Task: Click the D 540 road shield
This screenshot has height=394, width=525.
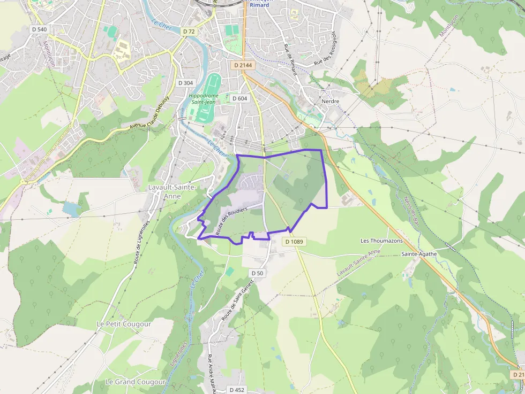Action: pos(39,29)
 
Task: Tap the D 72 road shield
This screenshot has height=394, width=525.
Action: pos(189,32)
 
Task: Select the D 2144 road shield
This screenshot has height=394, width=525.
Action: pos(243,65)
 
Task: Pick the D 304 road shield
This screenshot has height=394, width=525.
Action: pos(185,83)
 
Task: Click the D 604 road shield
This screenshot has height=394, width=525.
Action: pos(239,98)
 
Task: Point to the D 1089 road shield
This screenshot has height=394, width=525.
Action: pos(294,242)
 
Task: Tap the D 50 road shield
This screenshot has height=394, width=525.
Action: pos(257,273)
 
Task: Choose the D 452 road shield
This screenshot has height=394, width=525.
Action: pos(237,390)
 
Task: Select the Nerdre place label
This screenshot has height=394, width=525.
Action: pos(331,101)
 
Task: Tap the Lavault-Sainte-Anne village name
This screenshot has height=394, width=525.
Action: pos(172,192)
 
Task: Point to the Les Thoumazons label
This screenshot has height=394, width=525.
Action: pos(381,241)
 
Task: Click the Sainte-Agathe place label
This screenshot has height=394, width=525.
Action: pos(419,254)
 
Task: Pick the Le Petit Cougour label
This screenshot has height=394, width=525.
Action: pos(124,324)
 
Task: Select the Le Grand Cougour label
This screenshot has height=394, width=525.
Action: pos(136,382)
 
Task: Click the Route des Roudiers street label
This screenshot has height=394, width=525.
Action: pos(231,220)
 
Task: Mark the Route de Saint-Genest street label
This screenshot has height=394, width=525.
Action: pos(239,303)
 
